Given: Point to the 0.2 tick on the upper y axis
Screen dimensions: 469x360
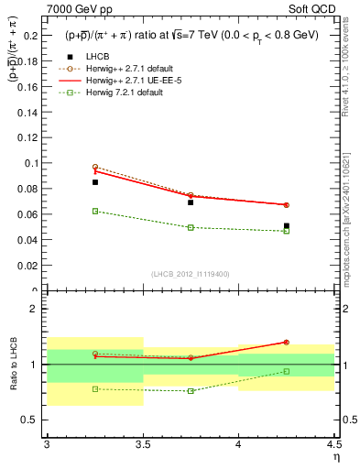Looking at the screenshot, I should (x=30, y=36).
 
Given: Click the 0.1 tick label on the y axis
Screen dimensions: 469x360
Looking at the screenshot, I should (x=30, y=163).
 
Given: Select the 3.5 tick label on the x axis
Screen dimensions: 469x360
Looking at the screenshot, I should (x=142, y=443).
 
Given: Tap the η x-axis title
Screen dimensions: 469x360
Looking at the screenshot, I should (x=335, y=455).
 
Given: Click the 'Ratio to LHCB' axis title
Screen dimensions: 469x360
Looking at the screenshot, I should (x=13, y=365).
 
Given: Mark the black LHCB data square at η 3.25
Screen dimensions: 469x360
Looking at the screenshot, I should (x=94, y=182).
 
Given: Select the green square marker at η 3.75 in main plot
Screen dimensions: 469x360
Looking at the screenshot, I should (x=191, y=227).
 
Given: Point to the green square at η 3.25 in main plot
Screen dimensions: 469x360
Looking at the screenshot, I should (x=94, y=211).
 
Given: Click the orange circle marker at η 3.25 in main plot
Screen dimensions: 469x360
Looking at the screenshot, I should (x=94, y=167).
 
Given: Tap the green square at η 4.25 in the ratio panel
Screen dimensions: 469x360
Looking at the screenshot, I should (x=287, y=371).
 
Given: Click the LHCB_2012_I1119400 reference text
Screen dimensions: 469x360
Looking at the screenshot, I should (x=191, y=274).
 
